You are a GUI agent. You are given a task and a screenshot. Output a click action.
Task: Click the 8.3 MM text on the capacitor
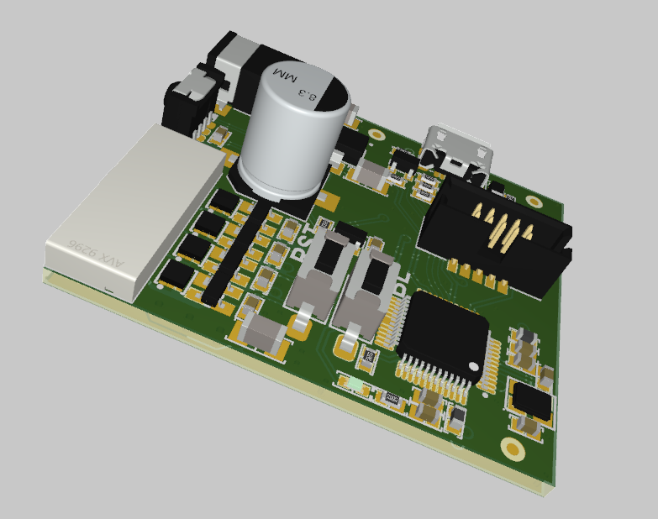pos(300,91)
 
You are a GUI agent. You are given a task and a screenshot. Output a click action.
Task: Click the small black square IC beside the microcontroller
pos(533,402)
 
